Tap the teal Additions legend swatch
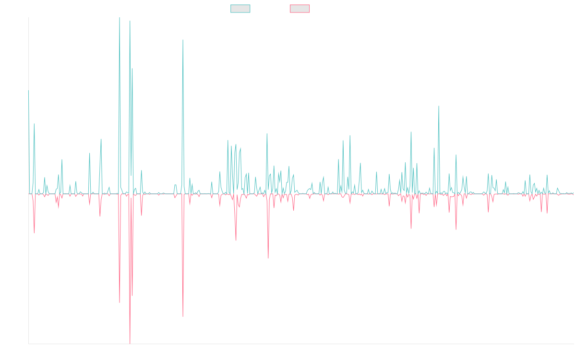pyautogui.click(x=240, y=9)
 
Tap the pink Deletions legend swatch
pyautogui.click(x=300, y=9)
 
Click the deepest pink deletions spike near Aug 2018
pyautogui.click(x=130, y=343)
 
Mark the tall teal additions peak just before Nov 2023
pyautogui.click(x=439, y=107)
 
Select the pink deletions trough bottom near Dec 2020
pyautogui.click(x=268, y=258)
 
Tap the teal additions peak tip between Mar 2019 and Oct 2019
pyautogui.click(x=183, y=40)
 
